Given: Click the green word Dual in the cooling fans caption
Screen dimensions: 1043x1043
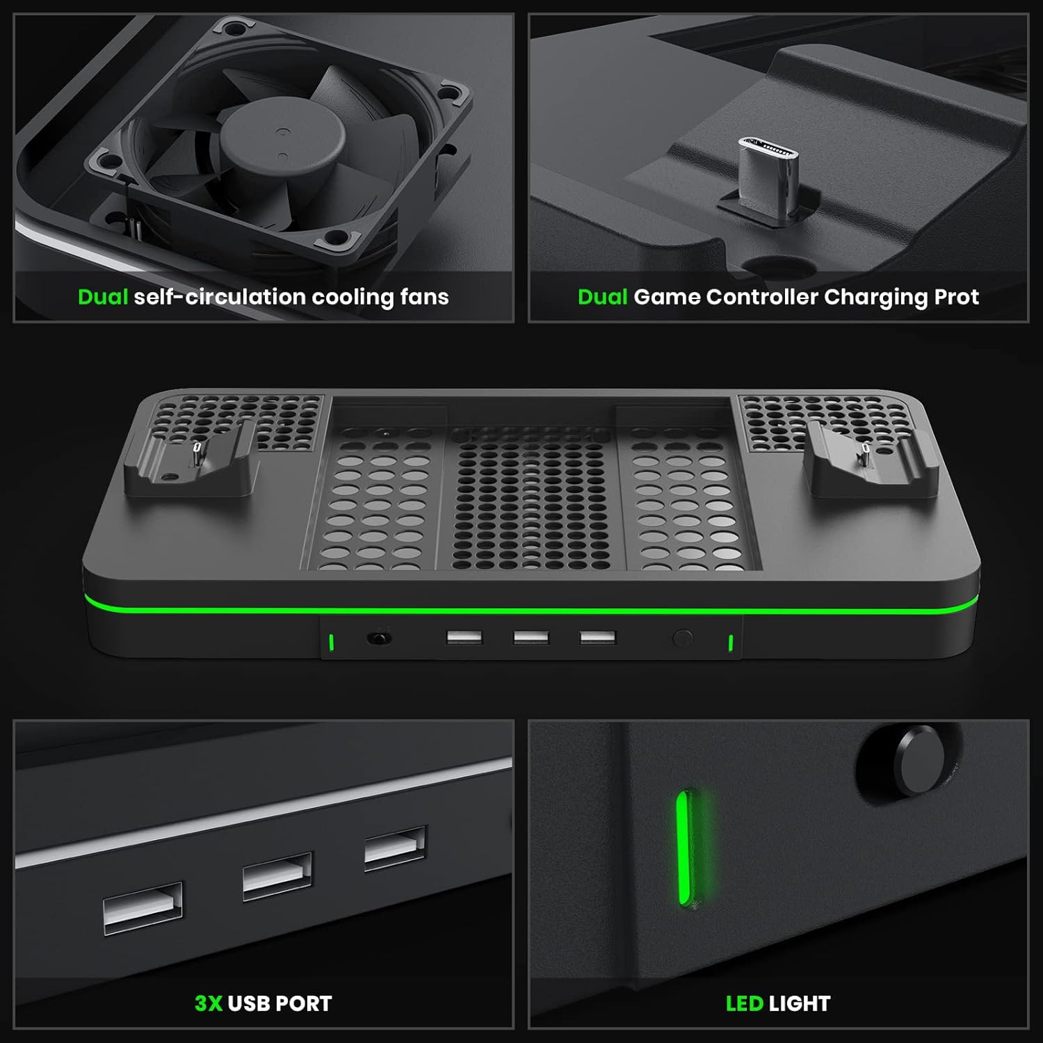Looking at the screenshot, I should pyautogui.click(x=103, y=297).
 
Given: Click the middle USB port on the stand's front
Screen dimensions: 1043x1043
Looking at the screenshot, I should pyautogui.click(x=531, y=638).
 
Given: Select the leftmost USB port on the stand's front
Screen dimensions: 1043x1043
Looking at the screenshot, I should pyautogui.click(x=464, y=637).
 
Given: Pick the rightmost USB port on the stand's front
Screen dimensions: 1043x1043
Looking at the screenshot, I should pyautogui.click(x=598, y=638).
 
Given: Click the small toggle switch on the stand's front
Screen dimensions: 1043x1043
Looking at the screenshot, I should pyautogui.click(x=379, y=638).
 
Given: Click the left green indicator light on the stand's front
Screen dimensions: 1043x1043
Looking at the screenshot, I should pyautogui.click(x=332, y=642).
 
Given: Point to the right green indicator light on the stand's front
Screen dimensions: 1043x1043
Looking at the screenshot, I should pyautogui.click(x=730, y=643).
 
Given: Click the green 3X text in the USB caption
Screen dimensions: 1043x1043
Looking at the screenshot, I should pyautogui.click(x=209, y=1003).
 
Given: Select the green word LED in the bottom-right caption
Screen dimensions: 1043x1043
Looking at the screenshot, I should pyautogui.click(x=744, y=1003).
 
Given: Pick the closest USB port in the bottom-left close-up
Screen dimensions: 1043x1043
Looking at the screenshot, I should pyautogui.click(x=143, y=908).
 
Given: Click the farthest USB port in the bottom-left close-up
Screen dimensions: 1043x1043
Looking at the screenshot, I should pyautogui.click(x=395, y=847).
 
